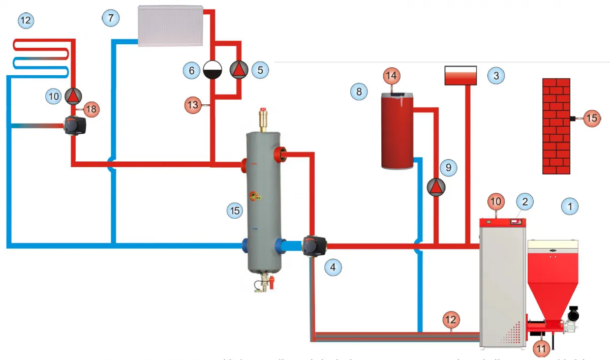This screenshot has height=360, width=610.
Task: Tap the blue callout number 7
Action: [x=110, y=17]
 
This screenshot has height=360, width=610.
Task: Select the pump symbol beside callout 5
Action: [x=238, y=70]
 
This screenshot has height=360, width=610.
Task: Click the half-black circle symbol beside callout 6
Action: [x=211, y=70]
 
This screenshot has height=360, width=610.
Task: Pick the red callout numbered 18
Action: [x=91, y=108]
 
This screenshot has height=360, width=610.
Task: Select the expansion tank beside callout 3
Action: [x=461, y=75]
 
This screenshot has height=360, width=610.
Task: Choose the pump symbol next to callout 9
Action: [x=436, y=188]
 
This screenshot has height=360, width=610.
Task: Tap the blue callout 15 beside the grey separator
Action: [x=234, y=211]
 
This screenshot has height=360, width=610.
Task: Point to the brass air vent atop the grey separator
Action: [x=263, y=119]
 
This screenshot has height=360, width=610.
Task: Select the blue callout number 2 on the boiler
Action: [x=525, y=201]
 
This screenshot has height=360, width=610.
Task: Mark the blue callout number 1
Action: [x=570, y=206]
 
